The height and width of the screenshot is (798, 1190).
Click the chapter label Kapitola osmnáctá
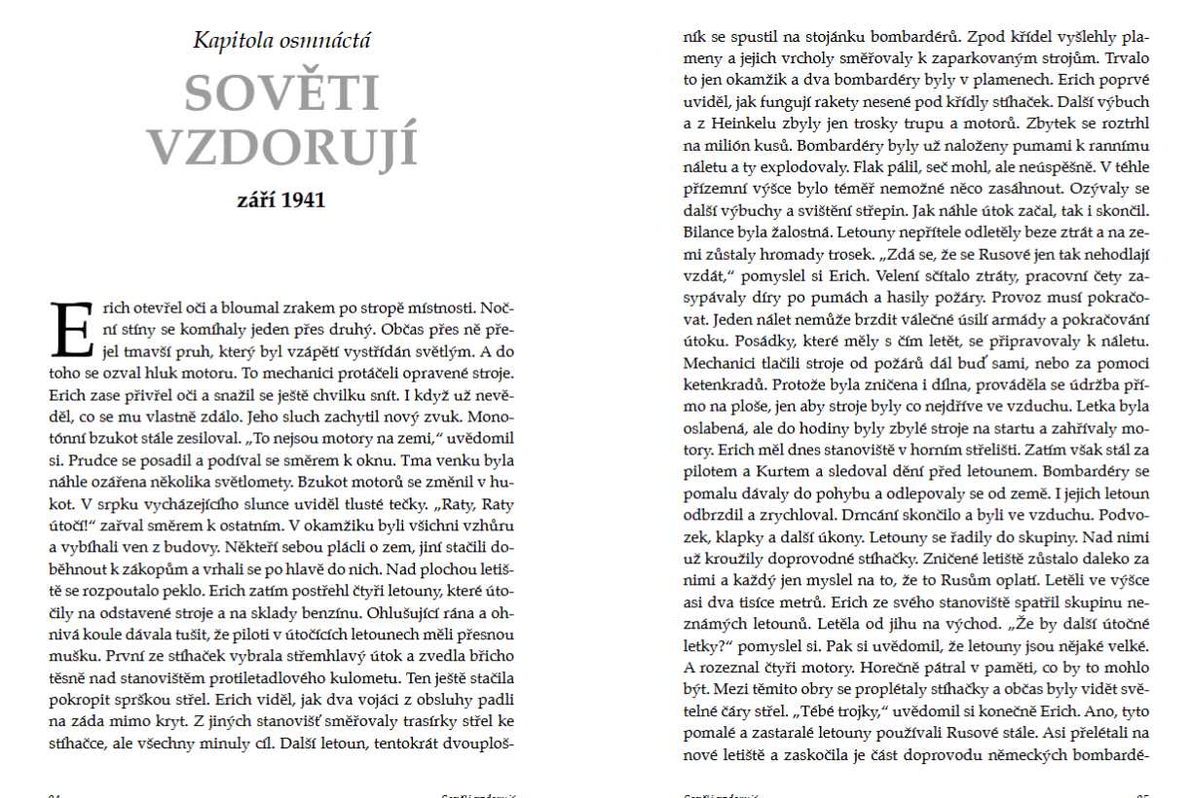[281, 41]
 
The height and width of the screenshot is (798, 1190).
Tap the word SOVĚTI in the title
[281, 94]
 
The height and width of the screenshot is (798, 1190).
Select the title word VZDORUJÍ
[281, 148]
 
